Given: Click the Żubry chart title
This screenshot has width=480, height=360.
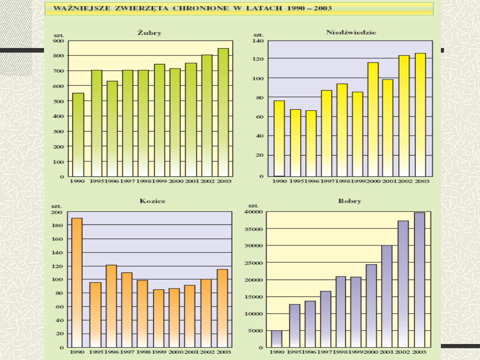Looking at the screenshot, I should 149,33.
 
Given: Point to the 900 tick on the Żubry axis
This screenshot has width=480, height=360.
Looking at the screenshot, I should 59,41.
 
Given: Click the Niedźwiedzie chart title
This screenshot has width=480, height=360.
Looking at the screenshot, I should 351,32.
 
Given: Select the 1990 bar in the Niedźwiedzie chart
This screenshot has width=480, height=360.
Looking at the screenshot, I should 279,138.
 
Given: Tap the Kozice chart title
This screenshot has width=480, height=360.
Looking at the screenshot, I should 152,201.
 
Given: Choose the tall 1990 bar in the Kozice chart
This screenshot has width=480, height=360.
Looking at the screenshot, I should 77,282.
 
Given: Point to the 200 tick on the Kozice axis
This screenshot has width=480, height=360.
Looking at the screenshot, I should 57,212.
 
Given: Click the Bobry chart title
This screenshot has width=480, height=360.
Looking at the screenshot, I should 350,201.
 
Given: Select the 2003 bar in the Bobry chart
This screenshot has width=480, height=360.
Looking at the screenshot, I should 419,280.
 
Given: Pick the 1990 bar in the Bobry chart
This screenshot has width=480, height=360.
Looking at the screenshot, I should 276,339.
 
